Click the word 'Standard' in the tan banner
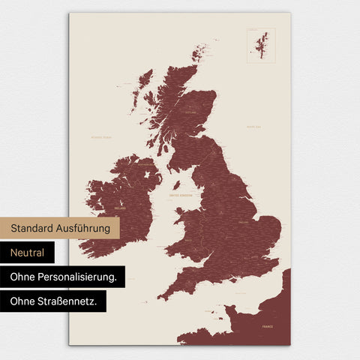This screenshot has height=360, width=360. (34, 227)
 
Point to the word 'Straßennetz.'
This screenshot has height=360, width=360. (72, 301)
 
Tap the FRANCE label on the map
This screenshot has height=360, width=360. (267, 328)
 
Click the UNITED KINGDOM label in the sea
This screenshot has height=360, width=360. (182, 196)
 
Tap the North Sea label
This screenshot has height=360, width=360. (253, 127)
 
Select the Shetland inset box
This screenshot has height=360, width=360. (261, 45)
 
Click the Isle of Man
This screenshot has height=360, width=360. (176, 184)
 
